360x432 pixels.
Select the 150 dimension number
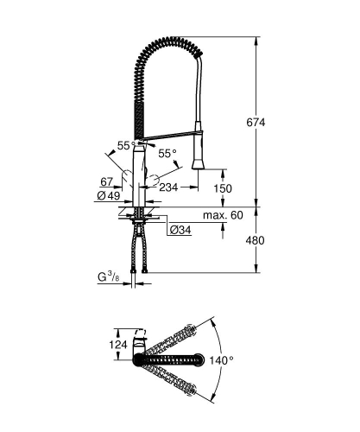(x=223, y=189)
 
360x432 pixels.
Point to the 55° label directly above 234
(x=167, y=153)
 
